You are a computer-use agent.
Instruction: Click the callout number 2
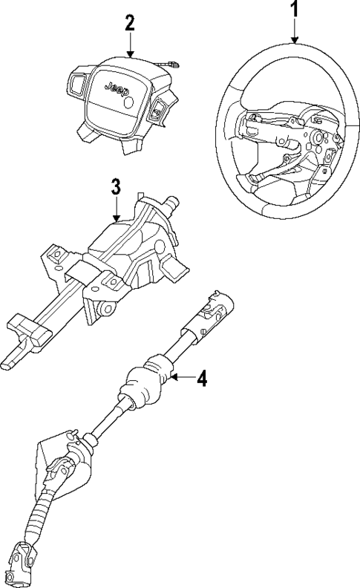pyautogui.click(x=130, y=22)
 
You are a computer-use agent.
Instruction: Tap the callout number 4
pyautogui.click(x=202, y=379)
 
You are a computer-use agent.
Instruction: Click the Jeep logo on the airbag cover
pyautogui.click(x=116, y=88)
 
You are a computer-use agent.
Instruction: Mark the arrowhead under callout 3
pyautogui.click(x=116, y=218)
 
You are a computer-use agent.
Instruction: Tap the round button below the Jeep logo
pyautogui.click(x=128, y=104)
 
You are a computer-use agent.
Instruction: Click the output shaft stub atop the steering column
pyautogui.click(x=174, y=201)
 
